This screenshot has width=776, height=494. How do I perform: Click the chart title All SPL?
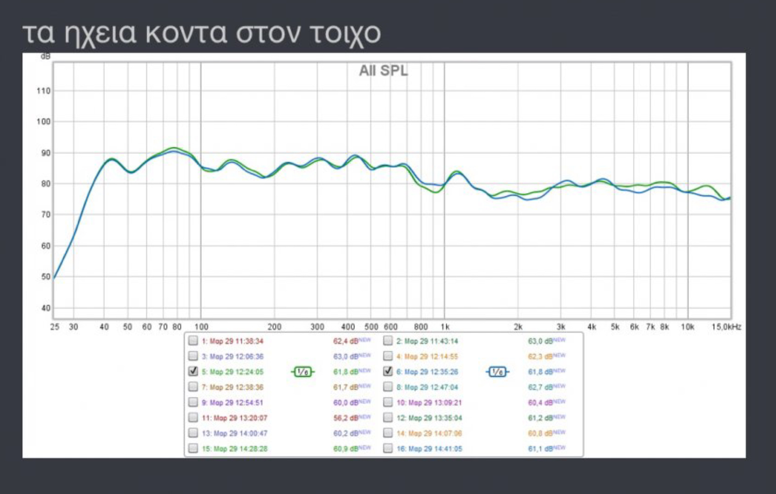(384, 71)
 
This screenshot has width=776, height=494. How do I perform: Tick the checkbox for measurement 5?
(193, 371)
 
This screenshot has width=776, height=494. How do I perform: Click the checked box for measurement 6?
(388, 371)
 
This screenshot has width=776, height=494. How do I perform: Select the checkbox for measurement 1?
(193, 341)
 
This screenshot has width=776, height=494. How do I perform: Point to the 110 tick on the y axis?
(43, 91)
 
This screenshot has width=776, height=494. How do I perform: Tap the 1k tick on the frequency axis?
(445, 327)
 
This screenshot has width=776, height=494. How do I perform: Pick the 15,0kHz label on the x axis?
(726, 327)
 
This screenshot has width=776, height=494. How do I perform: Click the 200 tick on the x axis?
(274, 327)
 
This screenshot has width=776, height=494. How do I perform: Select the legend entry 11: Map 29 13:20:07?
(234, 418)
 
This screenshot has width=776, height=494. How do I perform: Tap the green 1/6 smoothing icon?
(302, 372)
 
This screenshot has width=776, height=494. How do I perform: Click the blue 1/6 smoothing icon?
(497, 372)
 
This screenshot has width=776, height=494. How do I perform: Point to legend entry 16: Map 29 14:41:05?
(429, 449)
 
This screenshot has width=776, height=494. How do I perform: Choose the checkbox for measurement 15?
(193, 449)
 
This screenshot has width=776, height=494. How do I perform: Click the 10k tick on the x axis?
(688, 327)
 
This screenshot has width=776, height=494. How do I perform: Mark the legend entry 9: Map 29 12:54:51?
(232, 403)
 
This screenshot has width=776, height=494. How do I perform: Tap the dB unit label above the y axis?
(45, 57)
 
